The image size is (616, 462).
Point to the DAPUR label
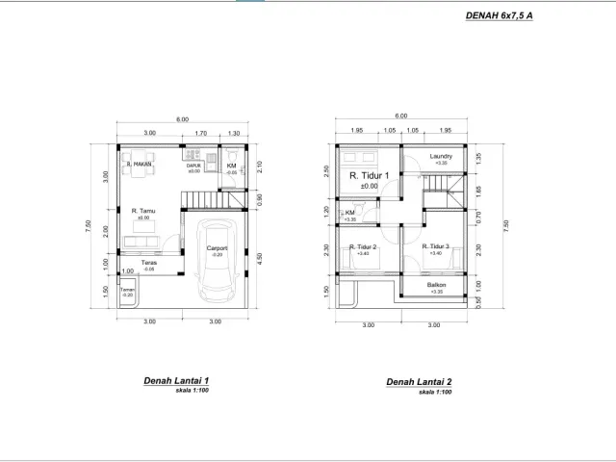tap(193, 166)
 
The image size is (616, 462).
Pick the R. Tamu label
tap(144, 212)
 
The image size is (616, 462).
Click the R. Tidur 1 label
tap(369, 177)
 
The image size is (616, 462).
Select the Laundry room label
tap(441, 157)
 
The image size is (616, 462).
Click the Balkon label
tap(437, 285)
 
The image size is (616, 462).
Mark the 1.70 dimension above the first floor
tap(200, 133)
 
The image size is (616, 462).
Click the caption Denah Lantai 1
tap(177, 381)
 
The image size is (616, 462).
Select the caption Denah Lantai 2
tap(419, 382)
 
